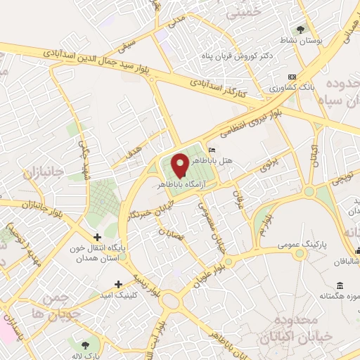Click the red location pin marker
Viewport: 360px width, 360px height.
[x=180, y=165]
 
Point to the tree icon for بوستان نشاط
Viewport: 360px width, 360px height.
[x=301, y=30]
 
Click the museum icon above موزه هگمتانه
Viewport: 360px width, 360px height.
[x=340, y=285]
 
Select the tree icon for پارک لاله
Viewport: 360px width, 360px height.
[x=85, y=345]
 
